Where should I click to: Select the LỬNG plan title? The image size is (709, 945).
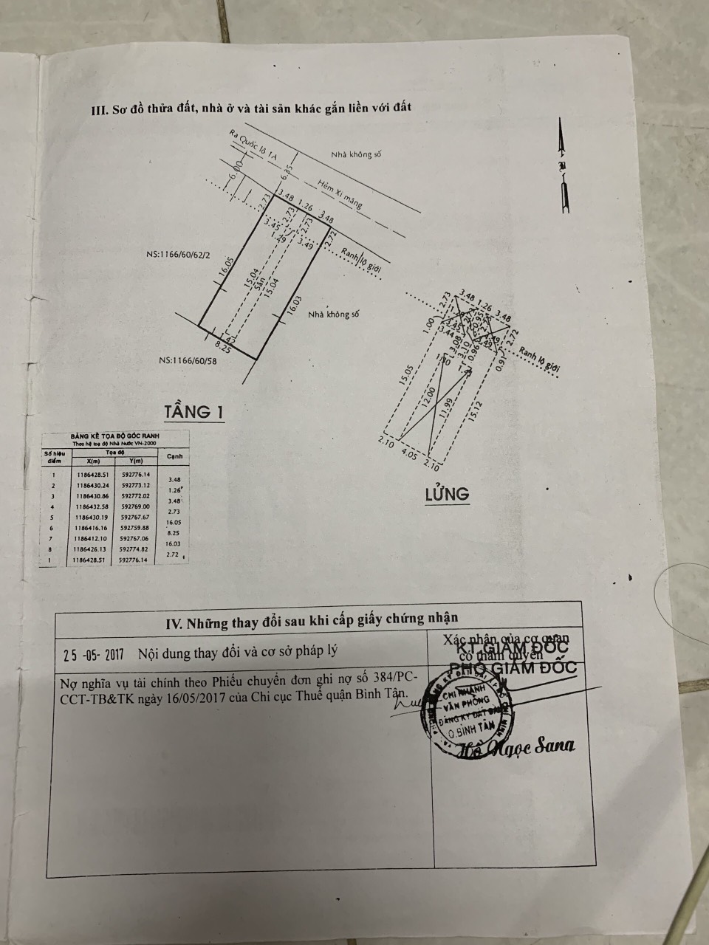[447, 493]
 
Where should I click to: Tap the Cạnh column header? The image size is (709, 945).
[175, 457]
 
